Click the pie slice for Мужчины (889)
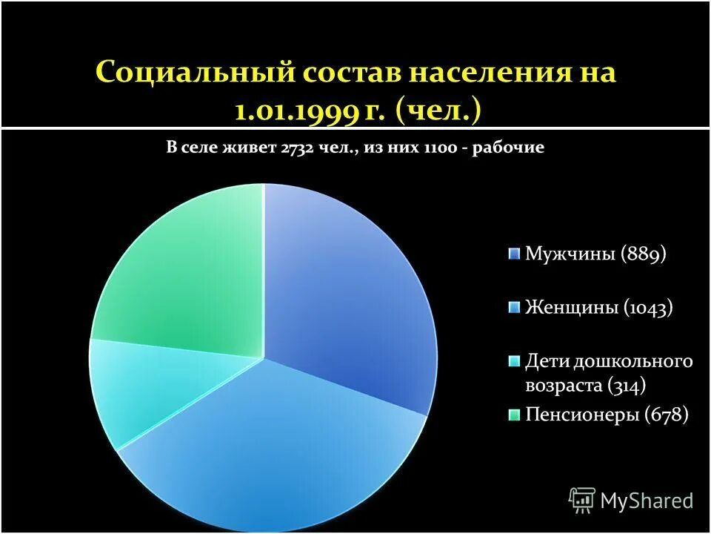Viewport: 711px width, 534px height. point(348,297)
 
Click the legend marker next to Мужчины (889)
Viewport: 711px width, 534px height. point(514,254)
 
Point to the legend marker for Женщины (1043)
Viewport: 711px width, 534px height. point(514,307)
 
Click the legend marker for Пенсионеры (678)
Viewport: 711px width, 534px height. point(514,415)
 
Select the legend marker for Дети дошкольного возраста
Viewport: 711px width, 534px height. point(514,361)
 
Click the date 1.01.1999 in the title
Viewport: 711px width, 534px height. point(297,112)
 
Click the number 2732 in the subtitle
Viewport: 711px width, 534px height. point(299,148)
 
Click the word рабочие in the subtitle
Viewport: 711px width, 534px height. point(512,148)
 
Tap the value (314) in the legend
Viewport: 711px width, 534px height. point(627,386)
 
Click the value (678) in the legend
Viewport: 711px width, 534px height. point(667,415)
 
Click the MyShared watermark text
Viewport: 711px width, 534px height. point(647,501)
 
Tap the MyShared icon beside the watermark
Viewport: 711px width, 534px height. point(582,501)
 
